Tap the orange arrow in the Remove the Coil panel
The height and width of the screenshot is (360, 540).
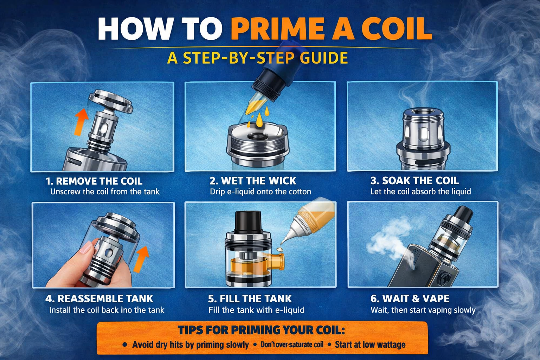tap(81, 122)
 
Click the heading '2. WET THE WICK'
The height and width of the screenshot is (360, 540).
tap(253, 181)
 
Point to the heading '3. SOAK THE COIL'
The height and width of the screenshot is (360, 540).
tap(414, 181)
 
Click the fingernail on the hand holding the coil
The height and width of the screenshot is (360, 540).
tap(85, 247)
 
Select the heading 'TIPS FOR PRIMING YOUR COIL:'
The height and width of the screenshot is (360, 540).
tap(261, 330)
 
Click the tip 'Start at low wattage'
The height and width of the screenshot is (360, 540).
tap(370, 345)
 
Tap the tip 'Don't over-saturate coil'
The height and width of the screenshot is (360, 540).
tap(292, 345)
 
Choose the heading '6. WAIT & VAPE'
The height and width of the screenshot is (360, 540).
tap(410, 298)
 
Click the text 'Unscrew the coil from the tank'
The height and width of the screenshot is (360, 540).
tap(105, 192)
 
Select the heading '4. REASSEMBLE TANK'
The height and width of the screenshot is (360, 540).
tap(99, 299)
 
